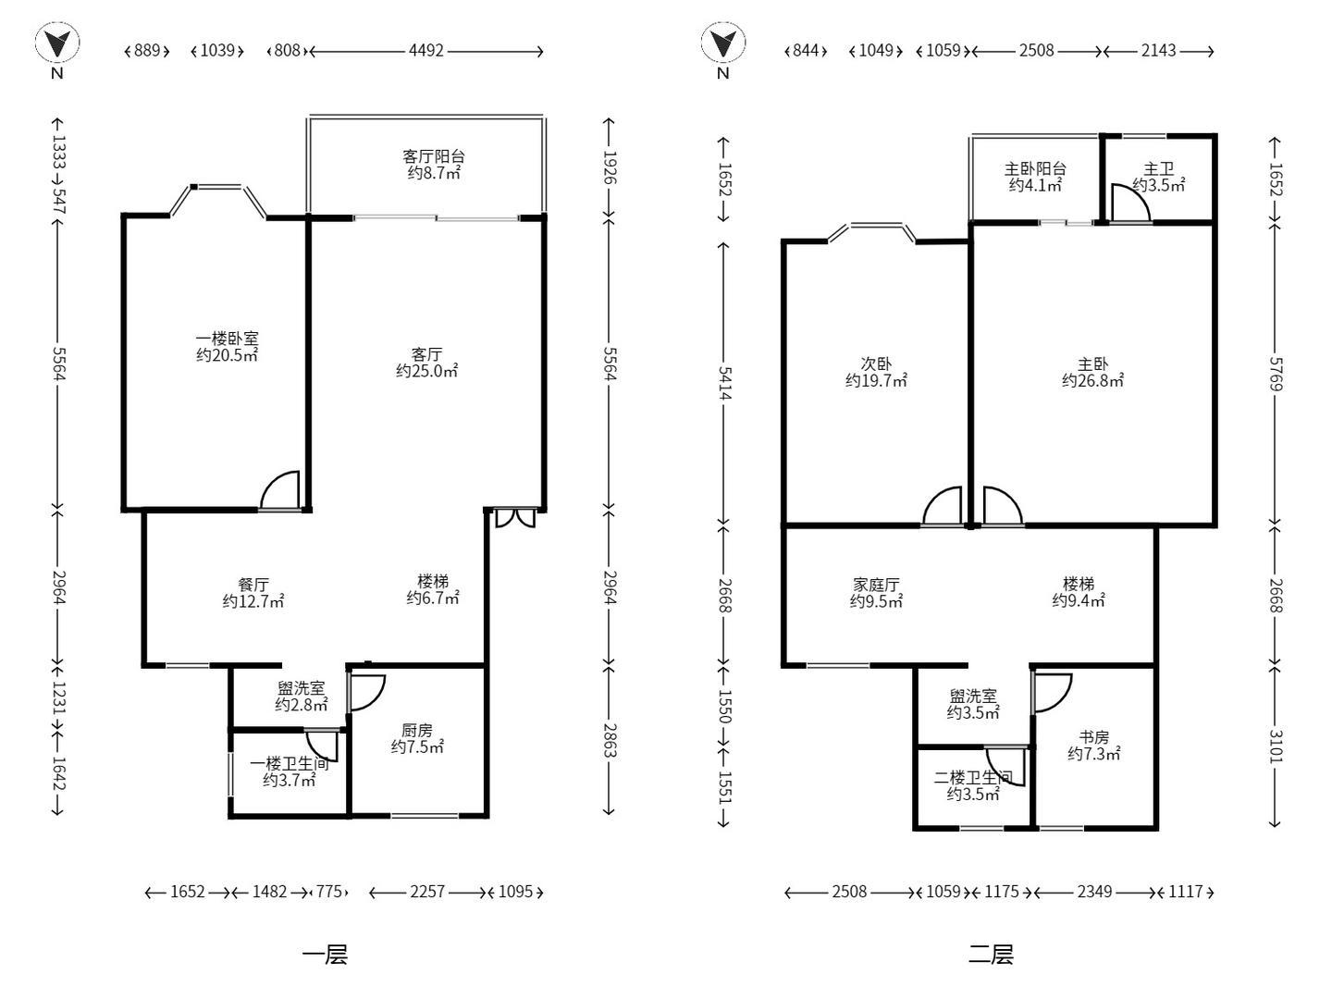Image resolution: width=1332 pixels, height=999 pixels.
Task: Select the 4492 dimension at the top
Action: pos(426,51)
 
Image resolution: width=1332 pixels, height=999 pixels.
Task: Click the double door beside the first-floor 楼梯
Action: pos(515,517)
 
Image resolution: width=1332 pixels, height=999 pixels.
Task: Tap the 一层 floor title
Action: pos(325,955)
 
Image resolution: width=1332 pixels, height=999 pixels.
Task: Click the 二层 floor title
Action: pos(991,955)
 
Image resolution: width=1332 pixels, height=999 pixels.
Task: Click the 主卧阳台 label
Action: pos(1035,168)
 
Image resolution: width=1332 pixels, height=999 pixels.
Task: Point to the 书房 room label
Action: pos(1093,737)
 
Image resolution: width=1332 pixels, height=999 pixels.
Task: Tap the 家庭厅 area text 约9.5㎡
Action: pos(876,601)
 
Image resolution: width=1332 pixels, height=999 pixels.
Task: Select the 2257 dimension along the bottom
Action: pos(427,892)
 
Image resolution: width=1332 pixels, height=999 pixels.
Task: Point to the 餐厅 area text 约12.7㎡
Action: pos(253,601)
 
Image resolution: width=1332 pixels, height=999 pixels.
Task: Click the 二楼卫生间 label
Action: pos(973,778)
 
